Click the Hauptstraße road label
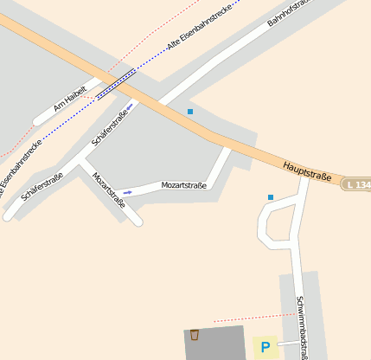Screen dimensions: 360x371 (x=307, y=170)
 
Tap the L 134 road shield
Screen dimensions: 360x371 (x=356, y=184)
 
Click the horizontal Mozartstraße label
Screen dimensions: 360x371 (x=183, y=185)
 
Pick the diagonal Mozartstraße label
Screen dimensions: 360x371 (x=109, y=191)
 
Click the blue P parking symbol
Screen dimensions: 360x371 (x=265, y=348)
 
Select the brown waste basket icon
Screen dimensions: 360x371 (x=195, y=335)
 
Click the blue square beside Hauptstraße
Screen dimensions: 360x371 (x=190, y=112)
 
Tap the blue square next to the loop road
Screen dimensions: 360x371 (x=271, y=197)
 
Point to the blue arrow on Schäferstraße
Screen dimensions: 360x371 (x=130, y=107)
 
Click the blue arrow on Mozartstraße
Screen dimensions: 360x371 (x=127, y=190)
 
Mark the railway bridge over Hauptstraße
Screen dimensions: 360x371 (x=116, y=84)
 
